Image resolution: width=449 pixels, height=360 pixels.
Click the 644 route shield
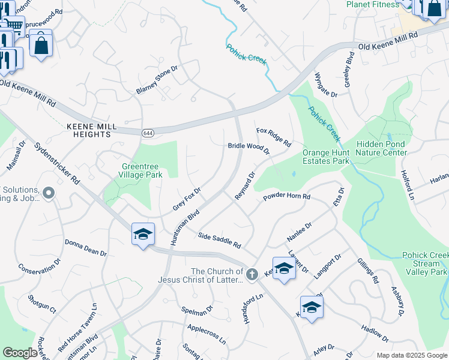click(x=147, y=133)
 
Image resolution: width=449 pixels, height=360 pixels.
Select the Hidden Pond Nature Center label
click(x=381, y=148)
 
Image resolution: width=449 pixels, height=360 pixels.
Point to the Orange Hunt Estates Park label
click(x=326, y=157)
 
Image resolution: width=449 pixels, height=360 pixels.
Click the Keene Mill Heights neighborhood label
click(x=89, y=130)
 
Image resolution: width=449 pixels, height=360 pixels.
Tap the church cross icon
click(x=252, y=274)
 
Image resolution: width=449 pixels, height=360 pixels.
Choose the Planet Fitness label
click(x=373, y=5)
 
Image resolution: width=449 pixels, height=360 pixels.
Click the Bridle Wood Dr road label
click(x=249, y=148)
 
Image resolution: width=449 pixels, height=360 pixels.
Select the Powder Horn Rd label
click(x=286, y=197)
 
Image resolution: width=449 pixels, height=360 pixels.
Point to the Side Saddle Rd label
click(x=219, y=241)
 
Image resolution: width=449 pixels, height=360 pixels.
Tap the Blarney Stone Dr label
click(x=157, y=80)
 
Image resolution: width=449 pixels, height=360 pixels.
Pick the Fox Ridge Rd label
click(x=273, y=137)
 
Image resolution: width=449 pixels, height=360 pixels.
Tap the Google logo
click(x=20, y=353)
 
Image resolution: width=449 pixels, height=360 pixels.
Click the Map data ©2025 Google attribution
click(x=411, y=355)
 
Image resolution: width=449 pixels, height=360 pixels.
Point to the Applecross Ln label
click(x=206, y=334)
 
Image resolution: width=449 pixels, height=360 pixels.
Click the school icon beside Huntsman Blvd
click(x=143, y=233)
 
